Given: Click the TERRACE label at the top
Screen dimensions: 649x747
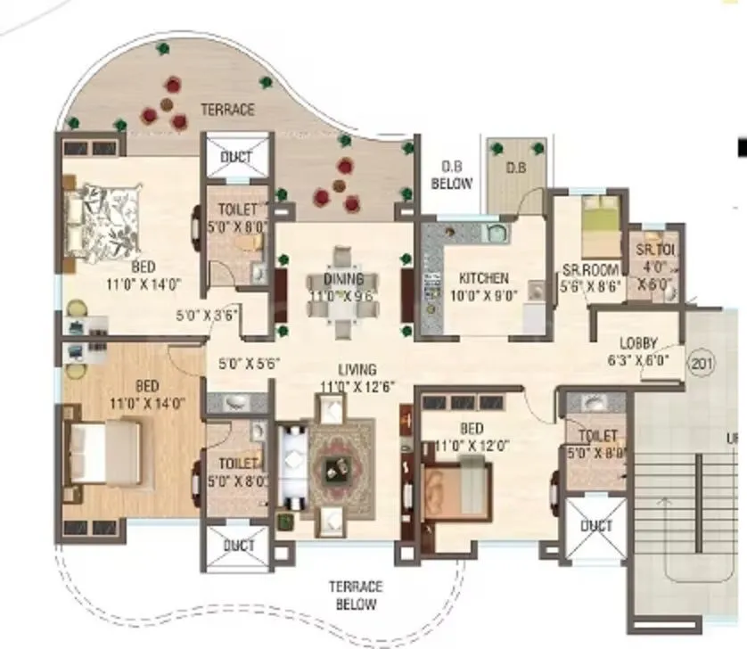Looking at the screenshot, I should pyautogui.click(x=227, y=111).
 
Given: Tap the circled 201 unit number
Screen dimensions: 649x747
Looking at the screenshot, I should pyautogui.click(x=700, y=361).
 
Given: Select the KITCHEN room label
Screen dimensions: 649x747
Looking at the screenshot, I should pyautogui.click(x=483, y=278).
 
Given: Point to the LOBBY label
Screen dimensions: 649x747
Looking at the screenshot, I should pyautogui.click(x=639, y=343).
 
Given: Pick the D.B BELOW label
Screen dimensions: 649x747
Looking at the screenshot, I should pyautogui.click(x=450, y=175).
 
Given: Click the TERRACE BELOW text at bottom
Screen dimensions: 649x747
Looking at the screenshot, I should pyautogui.click(x=355, y=596).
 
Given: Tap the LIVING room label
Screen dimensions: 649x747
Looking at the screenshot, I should pyautogui.click(x=356, y=369).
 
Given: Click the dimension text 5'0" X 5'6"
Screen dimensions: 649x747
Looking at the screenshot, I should pyautogui.click(x=250, y=364).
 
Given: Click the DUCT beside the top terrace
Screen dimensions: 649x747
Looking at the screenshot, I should pyautogui.click(x=236, y=158).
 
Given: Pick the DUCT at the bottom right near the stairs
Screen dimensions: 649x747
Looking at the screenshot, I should pyautogui.click(x=596, y=527).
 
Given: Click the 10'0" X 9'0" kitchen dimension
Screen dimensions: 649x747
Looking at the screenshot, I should pyautogui.click(x=482, y=295).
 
